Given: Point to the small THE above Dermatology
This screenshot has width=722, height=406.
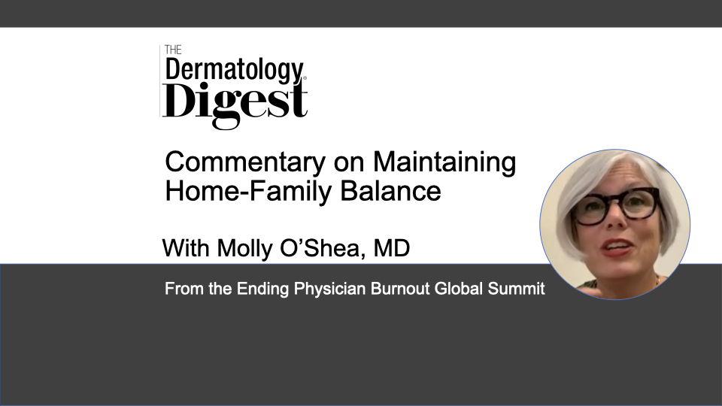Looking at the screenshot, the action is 173,50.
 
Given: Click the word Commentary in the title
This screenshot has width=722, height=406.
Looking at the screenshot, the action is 245,162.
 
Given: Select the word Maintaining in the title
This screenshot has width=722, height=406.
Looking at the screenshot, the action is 444,162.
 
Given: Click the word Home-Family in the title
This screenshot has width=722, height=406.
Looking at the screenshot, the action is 248,191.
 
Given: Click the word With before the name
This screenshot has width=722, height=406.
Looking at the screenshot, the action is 186,248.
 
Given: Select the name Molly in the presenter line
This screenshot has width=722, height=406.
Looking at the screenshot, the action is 244,249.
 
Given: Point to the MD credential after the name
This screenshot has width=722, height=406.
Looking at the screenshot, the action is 391,248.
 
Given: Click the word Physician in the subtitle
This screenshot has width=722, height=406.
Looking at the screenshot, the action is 329,289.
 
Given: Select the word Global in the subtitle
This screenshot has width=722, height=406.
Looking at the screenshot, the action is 459,289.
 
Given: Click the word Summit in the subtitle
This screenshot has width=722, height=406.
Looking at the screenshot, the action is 516,289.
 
